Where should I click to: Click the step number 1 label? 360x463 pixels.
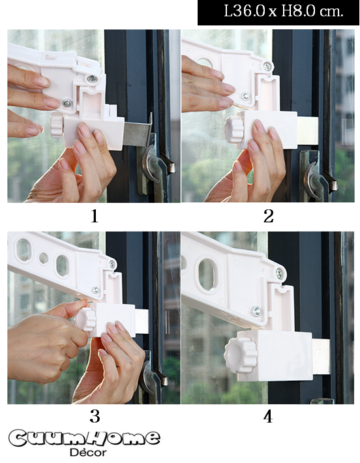pyautogui.click(x=94, y=216)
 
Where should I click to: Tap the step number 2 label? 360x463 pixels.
pyautogui.click(x=268, y=216)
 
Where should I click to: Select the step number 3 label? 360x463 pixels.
pyautogui.click(x=95, y=417)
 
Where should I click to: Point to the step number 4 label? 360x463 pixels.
pyautogui.click(x=268, y=417)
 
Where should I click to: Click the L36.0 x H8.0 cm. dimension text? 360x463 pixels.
pyautogui.click(x=284, y=11)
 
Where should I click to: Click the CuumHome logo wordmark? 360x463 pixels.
pyautogui.click(x=85, y=438)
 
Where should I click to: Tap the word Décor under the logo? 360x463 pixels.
pyautogui.click(x=88, y=453)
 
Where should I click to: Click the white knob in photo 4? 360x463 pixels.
pyautogui.click(x=241, y=355)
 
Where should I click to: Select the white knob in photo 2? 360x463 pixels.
pyautogui.click(x=234, y=130)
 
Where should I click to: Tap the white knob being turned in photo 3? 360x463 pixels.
pyautogui.click(x=85, y=319)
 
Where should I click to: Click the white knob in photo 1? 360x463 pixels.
pyautogui.click(x=57, y=127)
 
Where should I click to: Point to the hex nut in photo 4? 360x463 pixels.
pyautogui.click(x=256, y=311)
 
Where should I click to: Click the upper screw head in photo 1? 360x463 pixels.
pyautogui.click(x=92, y=78)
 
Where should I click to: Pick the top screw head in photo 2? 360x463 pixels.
pyautogui.click(x=267, y=67)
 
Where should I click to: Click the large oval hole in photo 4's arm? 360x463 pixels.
pyautogui.click(x=207, y=275)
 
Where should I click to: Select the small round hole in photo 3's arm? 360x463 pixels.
pyautogui.click(x=44, y=258)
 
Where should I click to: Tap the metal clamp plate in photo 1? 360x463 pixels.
pyautogui.click(x=138, y=132)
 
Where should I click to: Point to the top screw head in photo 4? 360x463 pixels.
pyautogui.click(x=279, y=274)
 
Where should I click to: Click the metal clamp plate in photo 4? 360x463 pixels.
pyautogui.click(x=322, y=357)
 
